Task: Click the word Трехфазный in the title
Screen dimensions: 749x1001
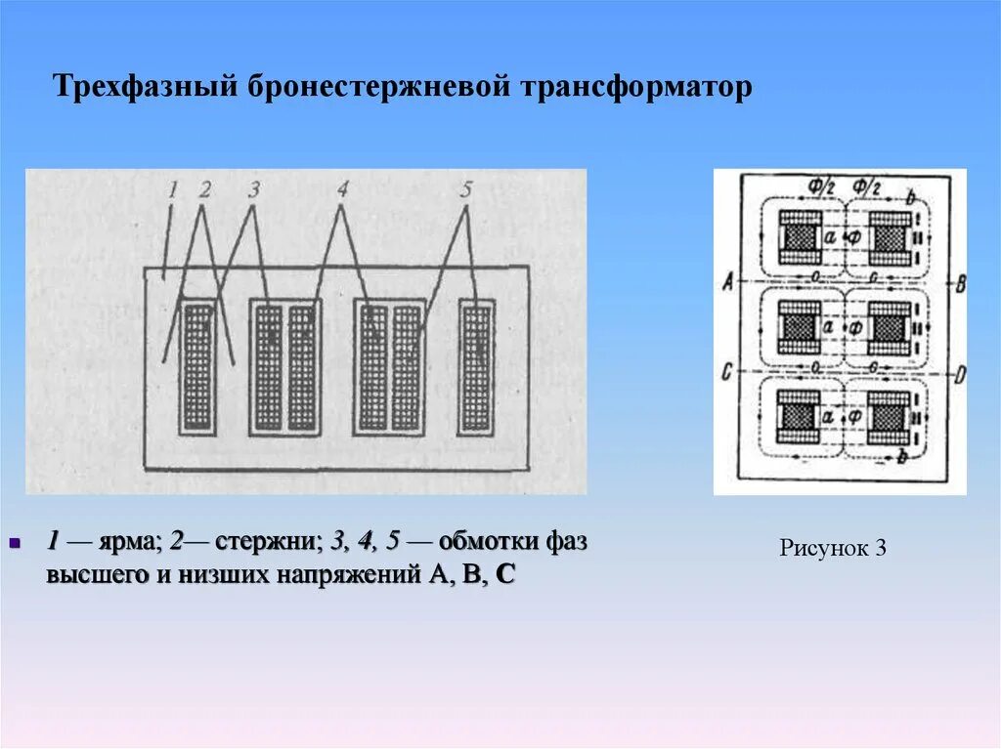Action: point(144,87)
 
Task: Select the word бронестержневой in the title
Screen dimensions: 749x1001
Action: point(377,87)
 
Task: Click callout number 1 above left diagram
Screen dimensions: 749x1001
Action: point(172,189)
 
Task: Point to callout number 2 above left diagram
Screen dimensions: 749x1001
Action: point(204,189)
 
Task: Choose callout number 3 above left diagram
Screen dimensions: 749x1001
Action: point(253,189)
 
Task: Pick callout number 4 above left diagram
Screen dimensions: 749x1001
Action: point(342,189)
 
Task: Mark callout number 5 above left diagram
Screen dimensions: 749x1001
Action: point(464,189)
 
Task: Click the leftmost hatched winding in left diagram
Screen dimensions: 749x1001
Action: point(197,367)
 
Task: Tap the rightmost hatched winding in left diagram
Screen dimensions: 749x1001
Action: point(476,367)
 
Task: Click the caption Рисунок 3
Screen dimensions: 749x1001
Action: point(833,549)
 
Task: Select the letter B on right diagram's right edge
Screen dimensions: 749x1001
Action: point(960,284)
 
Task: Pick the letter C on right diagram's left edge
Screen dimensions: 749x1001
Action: point(727,372)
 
